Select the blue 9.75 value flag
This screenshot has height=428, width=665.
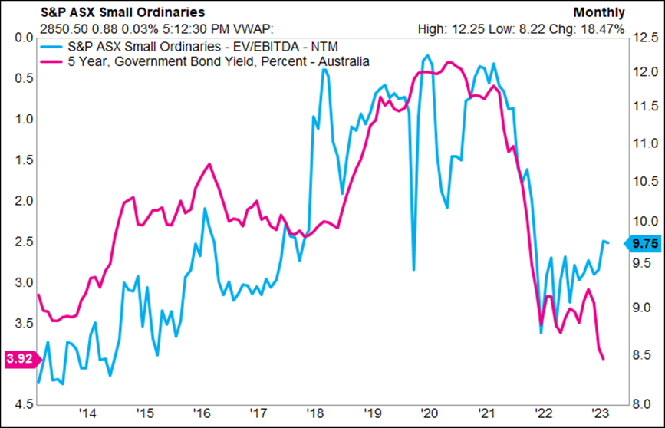coord(642,243)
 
